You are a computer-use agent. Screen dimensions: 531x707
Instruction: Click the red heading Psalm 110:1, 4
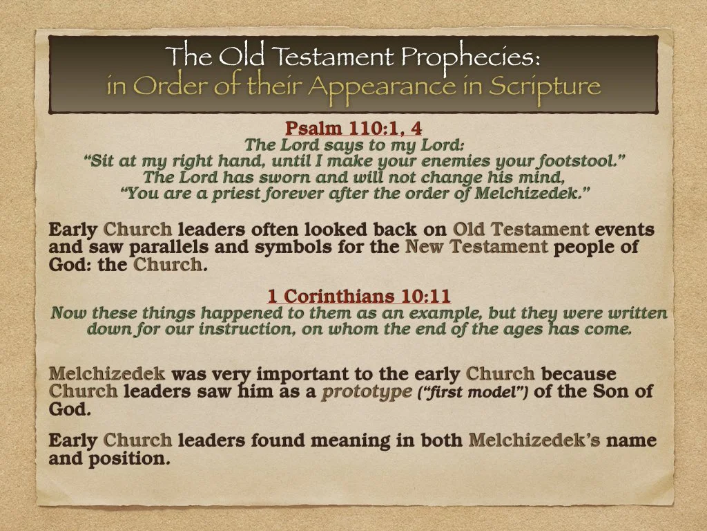click(x=353, y=129)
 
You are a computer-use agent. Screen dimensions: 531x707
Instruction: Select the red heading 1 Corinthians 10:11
click(x=359, y=297)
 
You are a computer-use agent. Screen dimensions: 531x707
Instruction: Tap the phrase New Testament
click(x=476, y=248)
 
